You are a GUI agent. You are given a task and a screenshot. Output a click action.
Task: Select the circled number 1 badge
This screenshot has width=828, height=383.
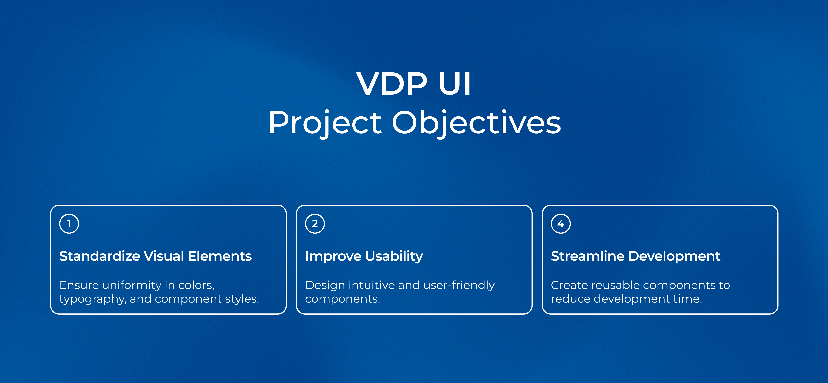tap(69, 224)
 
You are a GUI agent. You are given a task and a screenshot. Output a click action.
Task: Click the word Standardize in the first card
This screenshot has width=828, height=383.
tap(100, 256)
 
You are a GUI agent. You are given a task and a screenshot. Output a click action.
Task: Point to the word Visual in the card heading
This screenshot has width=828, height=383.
tap(164, 256)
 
